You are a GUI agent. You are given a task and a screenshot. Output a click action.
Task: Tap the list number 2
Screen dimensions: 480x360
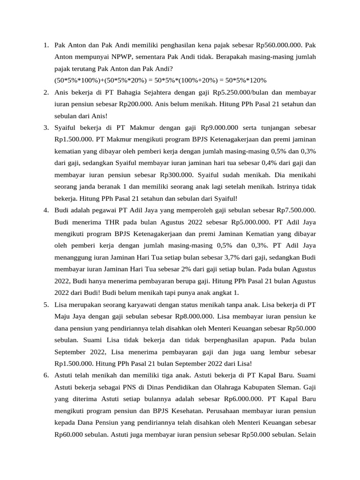click(46, 92)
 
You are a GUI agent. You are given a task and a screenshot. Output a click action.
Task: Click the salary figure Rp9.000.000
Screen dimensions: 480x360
click(220, 127)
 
